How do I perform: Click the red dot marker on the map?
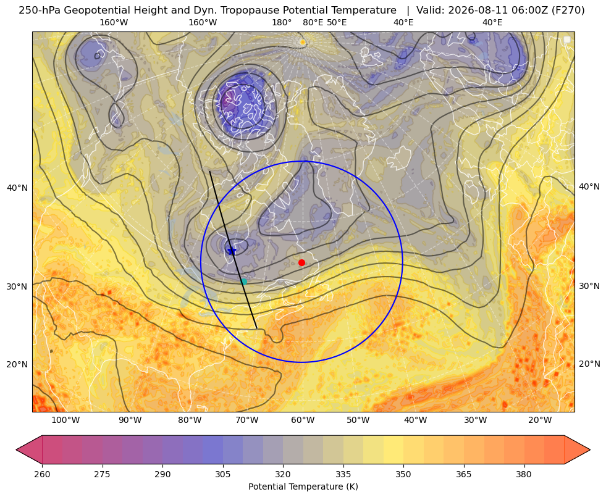[302, 262]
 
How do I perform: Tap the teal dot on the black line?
[243, 282]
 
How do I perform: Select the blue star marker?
[232, 251]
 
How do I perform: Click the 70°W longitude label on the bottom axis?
[246, 420]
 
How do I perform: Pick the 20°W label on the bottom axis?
[540, 420]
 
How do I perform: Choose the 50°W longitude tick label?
[358, 420]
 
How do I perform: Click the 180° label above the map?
[282, 22]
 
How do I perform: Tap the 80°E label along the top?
[313, 22]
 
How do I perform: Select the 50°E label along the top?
[337, 22]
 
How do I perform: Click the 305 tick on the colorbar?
[223, 474]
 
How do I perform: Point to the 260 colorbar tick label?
[42, 474]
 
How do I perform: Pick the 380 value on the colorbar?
[524, 474]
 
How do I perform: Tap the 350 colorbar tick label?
[403, 474]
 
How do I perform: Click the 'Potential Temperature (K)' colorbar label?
[303, 487]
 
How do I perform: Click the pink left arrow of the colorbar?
[29, 449]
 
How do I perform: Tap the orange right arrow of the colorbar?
[577, 449]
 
